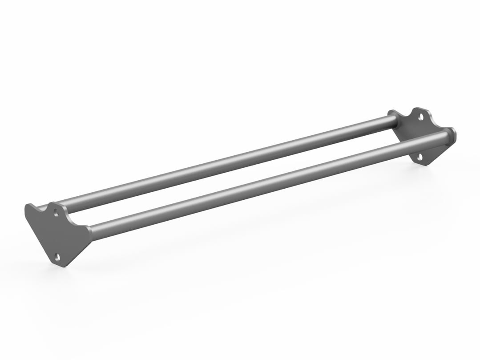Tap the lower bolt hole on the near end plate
pyautogui.click(x=57, y=257)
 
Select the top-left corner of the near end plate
pyautogui.click(x=28, y=206)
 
